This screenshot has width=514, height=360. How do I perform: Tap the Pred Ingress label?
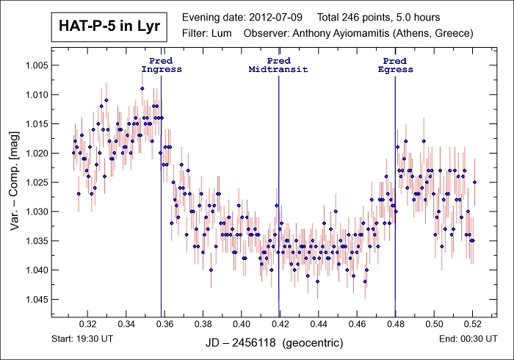pyautogui.click(x=161, y=65)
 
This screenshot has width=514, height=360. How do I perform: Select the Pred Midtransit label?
pyautogui.click(x=278, y=65)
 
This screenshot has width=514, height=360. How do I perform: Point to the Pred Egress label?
pyautogui.click(x=395, y=65)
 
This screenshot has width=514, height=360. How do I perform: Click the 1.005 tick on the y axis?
pyautogui.click(x=35, y=65)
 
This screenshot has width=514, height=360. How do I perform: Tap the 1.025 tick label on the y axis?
pyautogui.click(x=35, y=182)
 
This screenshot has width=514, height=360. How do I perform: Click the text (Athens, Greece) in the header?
pyautogui.click(x=440, y=33)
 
